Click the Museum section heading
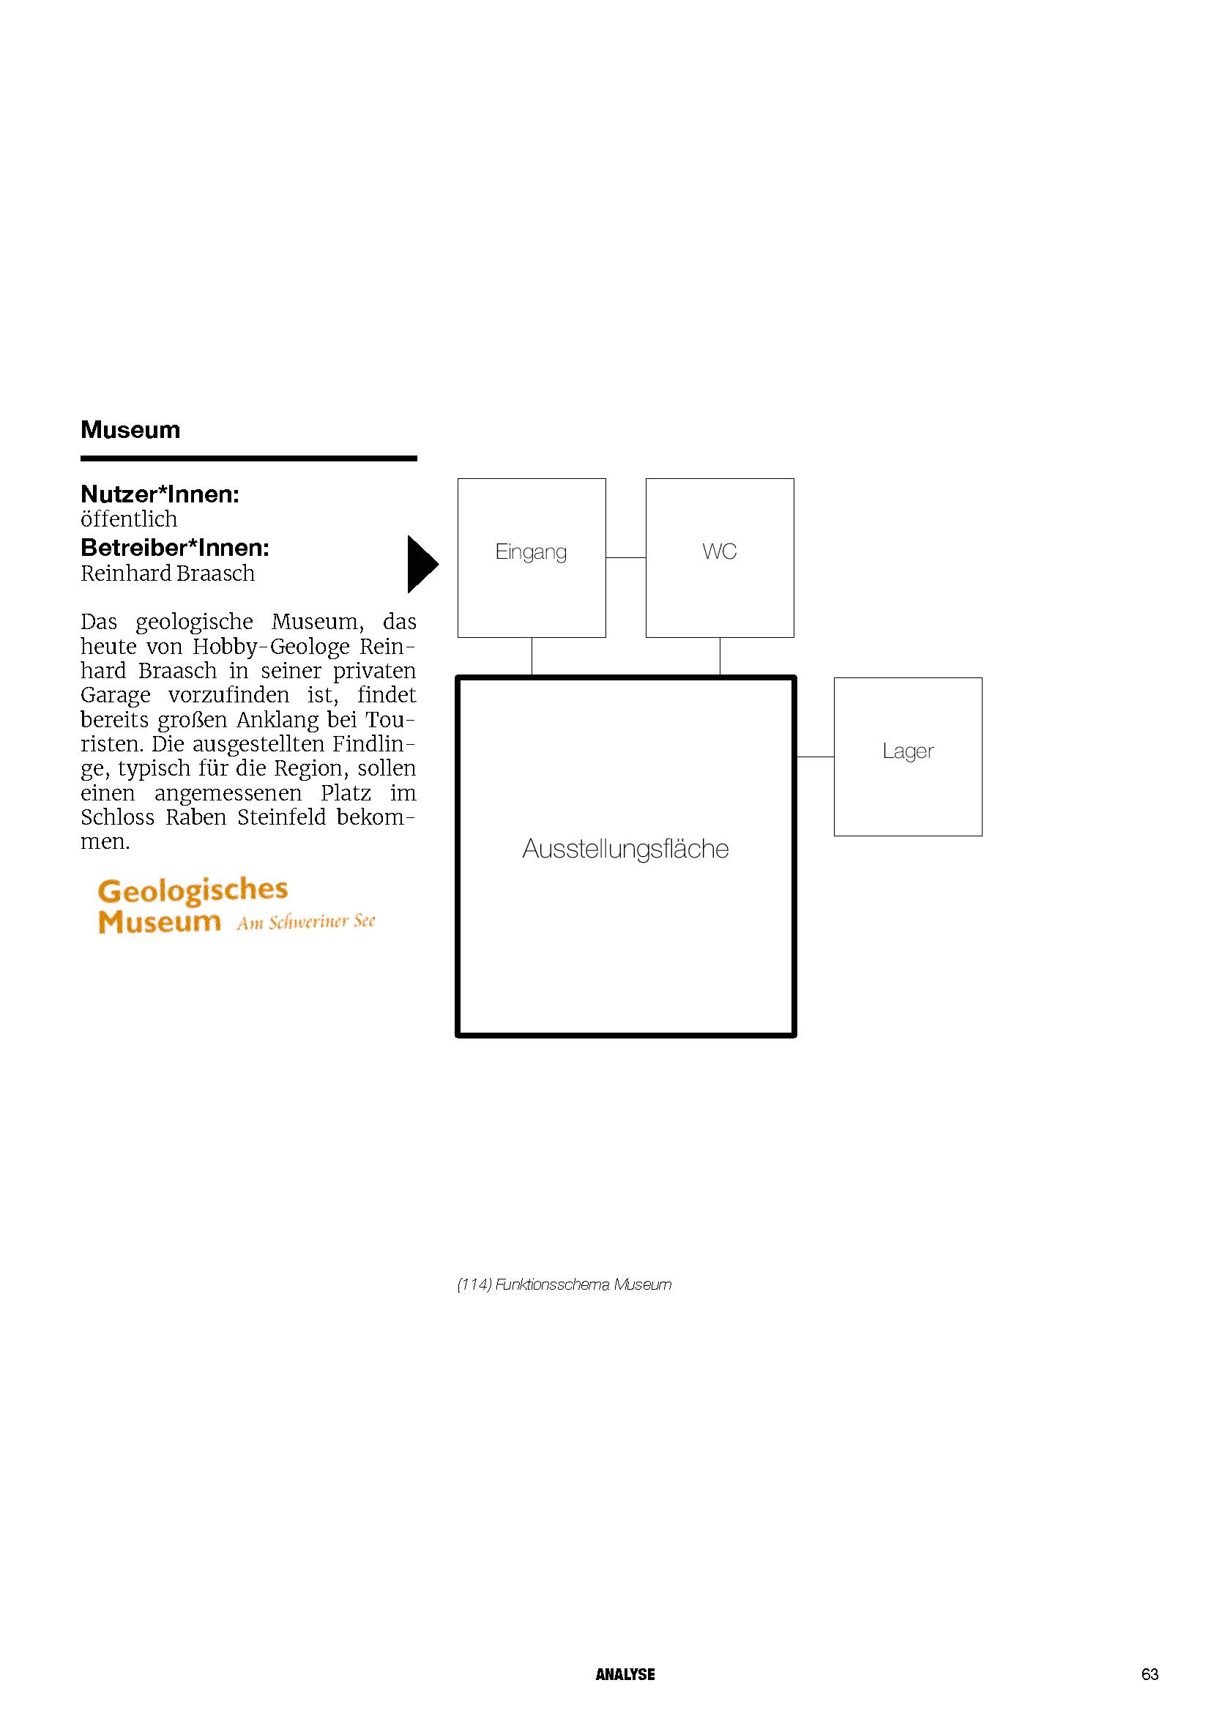point(130,430)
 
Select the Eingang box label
point(531,552)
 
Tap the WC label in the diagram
point(719,551)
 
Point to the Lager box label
point(907,751)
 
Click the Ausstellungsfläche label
point(625,849)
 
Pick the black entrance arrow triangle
point(421,565)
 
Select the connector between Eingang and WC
point(625,557)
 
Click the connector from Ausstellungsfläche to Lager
point(815,757)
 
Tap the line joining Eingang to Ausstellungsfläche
point(532,656)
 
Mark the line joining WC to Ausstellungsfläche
point(720,656)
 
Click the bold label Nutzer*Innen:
point(160,494)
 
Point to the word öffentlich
point(129,519)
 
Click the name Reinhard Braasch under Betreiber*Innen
point(168,573)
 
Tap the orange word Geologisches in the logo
point(193,890)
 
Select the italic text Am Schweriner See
point(306,923)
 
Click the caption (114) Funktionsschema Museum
point(564,1285)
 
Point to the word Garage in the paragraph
point(116,695)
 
